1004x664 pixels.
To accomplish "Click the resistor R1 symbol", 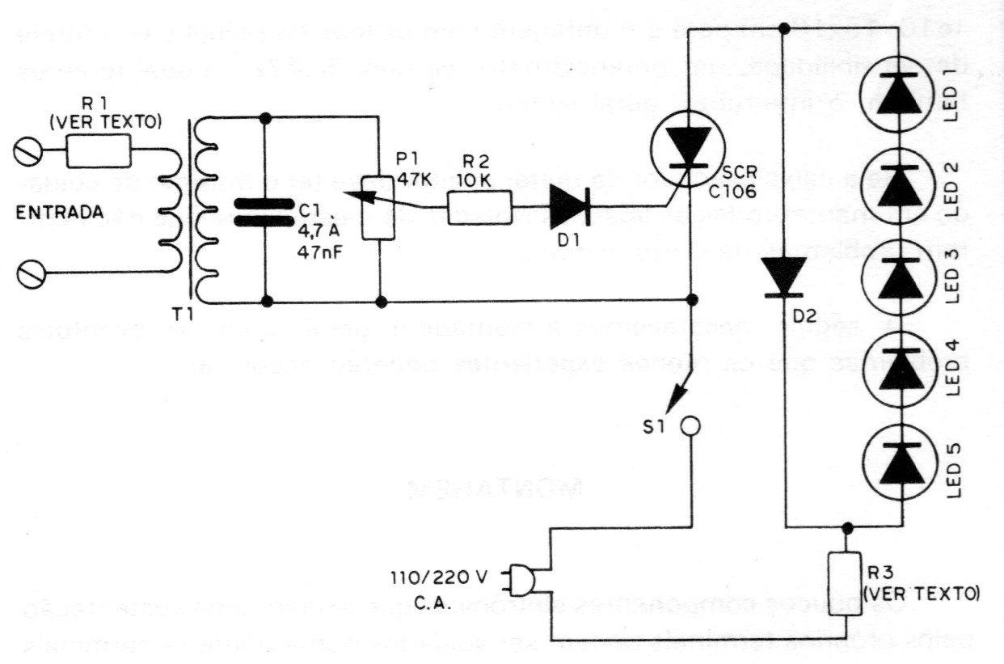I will point(99,150).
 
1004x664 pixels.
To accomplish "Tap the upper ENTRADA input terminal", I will point(29,150).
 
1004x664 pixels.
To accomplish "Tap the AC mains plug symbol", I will point(520,577).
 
